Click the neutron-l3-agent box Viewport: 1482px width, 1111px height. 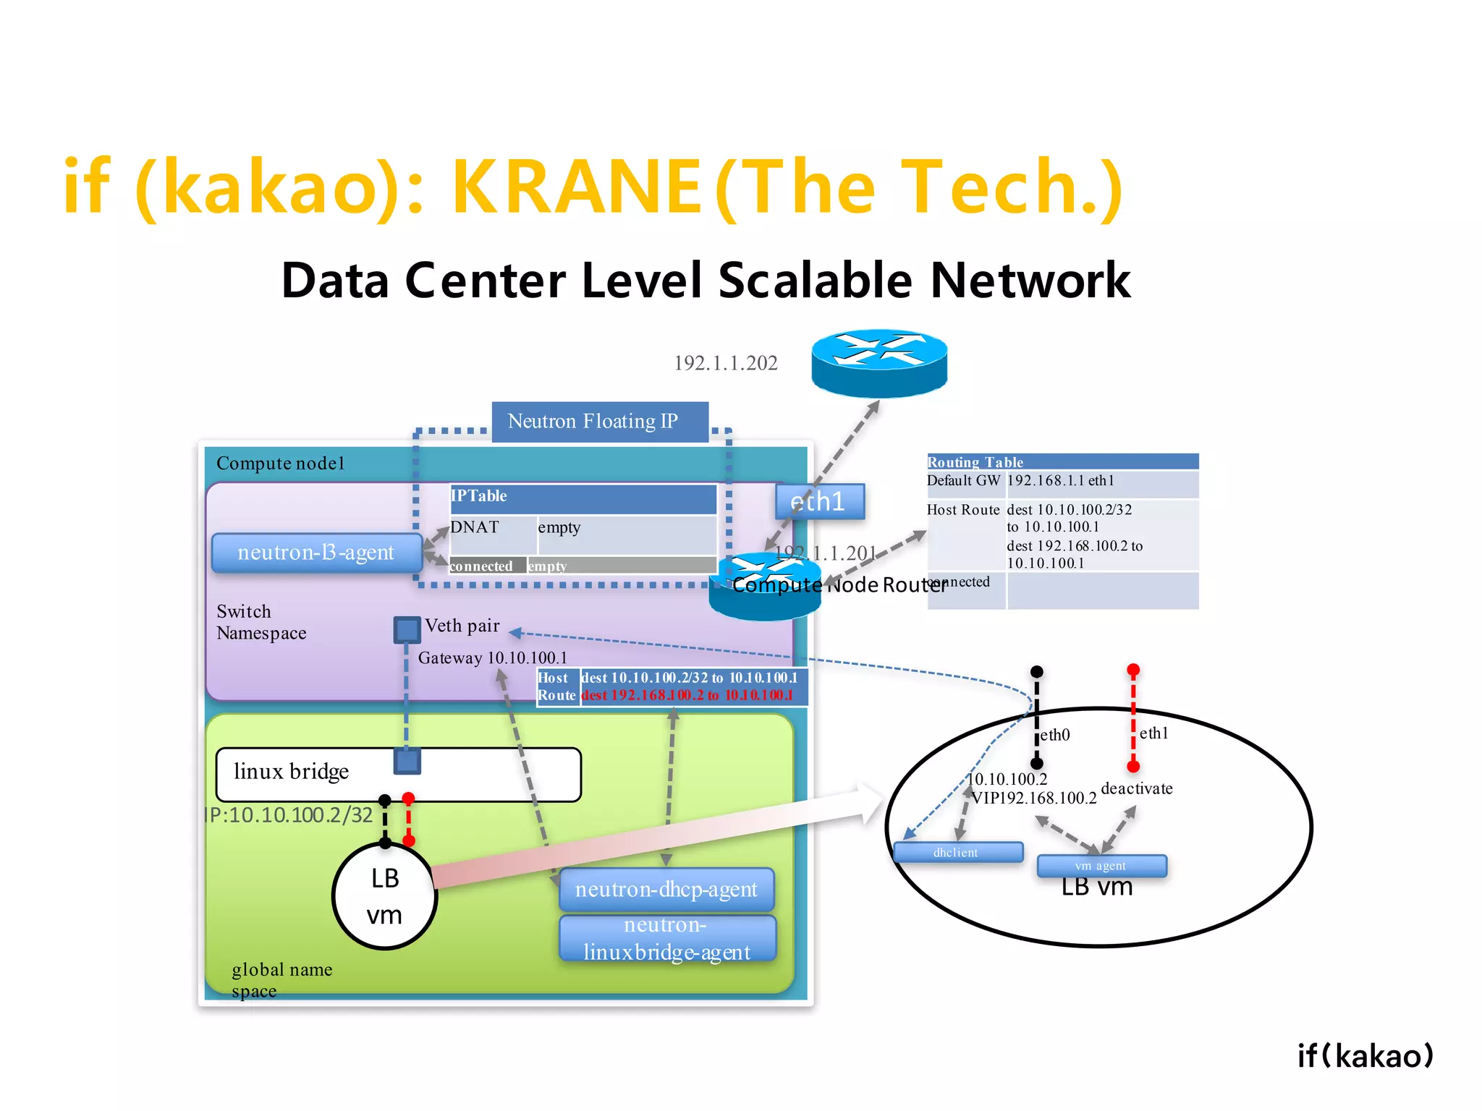[x=316, y=553]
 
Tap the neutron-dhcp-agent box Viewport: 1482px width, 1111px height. [x=666, y=890]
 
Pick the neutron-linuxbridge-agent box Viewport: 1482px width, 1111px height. [x=667, y=939]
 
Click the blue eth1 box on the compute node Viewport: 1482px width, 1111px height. [x=819, y=501]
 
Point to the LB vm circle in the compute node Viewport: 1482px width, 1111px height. [x=384, y=896]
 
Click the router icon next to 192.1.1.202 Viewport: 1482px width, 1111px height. [x=878, y=363]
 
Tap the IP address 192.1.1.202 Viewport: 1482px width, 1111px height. [x=726, y=363]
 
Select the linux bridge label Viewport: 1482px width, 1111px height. [x=291, y=772]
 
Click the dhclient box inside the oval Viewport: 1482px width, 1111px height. [x=957, y=853]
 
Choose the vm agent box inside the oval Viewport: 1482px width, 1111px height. [x=1101, y=866]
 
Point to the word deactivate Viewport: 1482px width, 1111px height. [x=1136, y=788]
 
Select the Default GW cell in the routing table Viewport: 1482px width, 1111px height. [x=964, y=481]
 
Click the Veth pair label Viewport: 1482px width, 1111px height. [x=462, y=626]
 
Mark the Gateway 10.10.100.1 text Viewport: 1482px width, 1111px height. [x=492, y=658]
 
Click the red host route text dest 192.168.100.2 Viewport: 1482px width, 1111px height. [x=687, y=696]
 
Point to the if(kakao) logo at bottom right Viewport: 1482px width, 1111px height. [x=1365, y=1056]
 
